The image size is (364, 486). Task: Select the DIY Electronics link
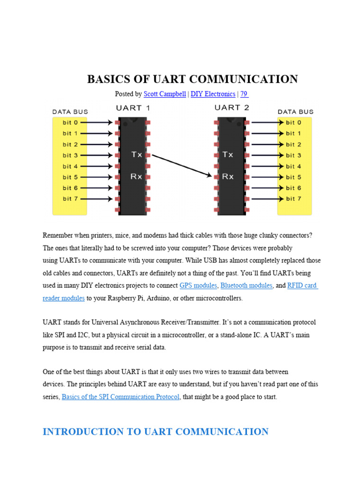[213, 94]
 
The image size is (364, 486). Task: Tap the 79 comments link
[244, 94]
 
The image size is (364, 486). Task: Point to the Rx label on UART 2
[228, 177]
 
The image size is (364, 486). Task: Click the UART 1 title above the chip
[133, 108]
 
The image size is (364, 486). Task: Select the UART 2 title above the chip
[231, 108]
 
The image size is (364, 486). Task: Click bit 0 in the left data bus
[71, 122]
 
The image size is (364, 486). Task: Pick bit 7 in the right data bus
[293, 199]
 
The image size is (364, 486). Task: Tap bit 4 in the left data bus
[71, 166]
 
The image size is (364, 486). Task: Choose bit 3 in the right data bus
[293, 155]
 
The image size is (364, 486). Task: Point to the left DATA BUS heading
[70, 112]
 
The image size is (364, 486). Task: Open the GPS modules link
[198, 286]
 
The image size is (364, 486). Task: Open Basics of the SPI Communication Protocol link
[121, 397]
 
